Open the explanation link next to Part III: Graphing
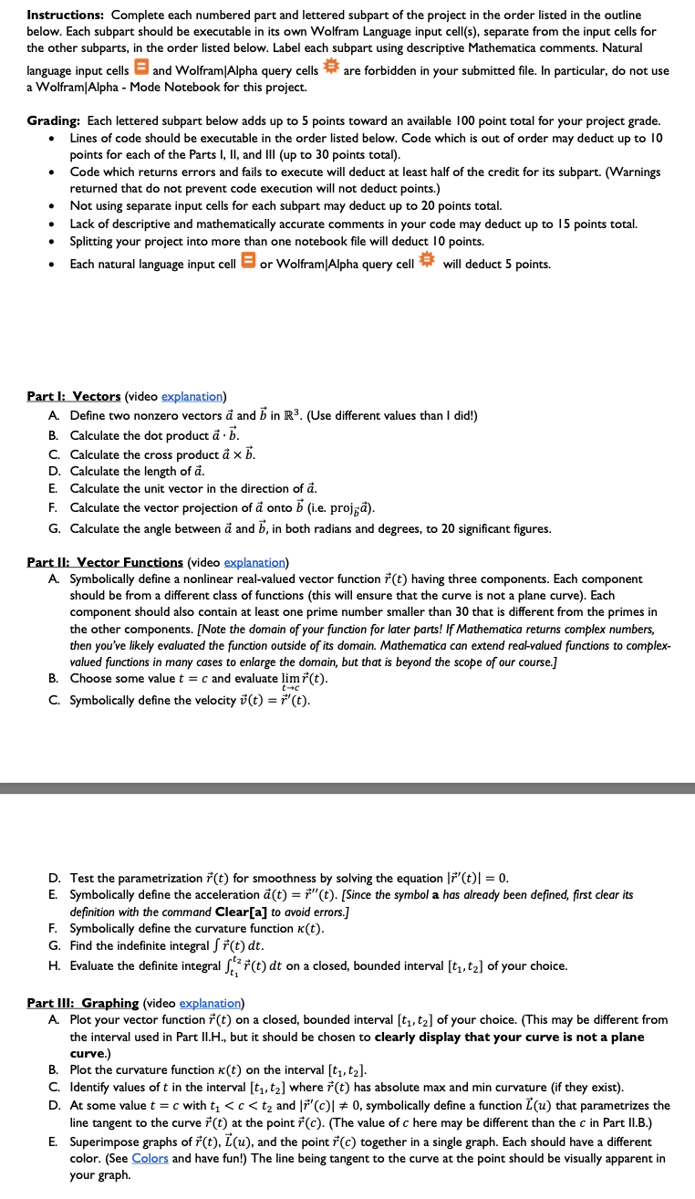pos(209,1003)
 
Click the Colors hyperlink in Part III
pos(151,1158)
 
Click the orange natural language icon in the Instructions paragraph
pos(141,70)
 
